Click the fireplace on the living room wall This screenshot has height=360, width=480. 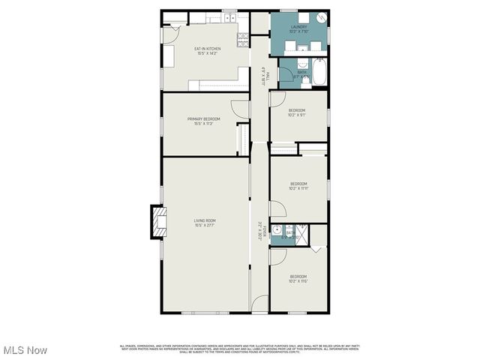157,222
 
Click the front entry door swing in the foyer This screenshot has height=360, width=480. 259,303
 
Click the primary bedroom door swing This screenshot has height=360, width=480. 241,109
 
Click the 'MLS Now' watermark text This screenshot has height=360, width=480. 25,350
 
